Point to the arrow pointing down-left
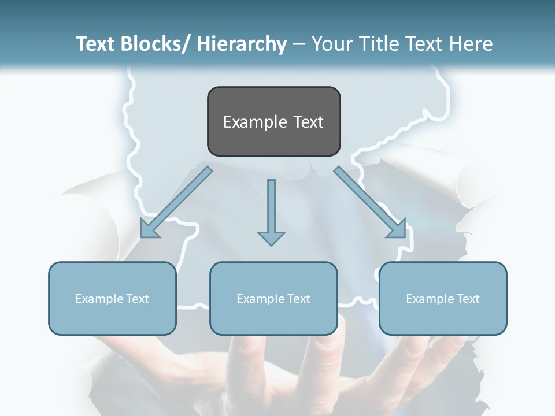click(176, 202)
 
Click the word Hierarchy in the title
click(241, 44)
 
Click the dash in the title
click(299, 44)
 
